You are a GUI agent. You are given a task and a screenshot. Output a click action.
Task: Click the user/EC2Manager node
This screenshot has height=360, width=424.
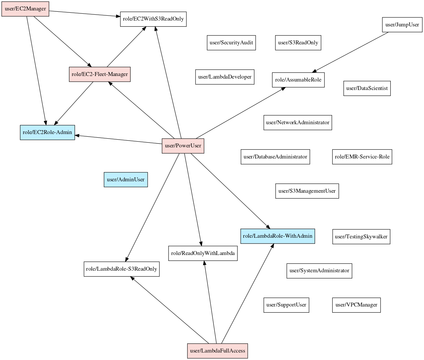[x=25, y=9]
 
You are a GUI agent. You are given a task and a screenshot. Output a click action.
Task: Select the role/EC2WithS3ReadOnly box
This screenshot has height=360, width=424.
[x=153, y=19]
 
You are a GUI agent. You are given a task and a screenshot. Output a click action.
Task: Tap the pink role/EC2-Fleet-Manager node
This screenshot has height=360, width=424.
[x=99, y=74]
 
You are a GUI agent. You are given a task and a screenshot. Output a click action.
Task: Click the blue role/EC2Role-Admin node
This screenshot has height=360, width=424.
[x=47, y=132]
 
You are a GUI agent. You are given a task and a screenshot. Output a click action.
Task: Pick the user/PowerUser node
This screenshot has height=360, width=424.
[x=183, y=146]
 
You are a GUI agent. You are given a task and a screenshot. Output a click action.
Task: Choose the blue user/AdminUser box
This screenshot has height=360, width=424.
[x=126, y=180]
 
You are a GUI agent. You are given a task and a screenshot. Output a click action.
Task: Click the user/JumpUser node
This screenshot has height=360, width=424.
[x=402, y=25]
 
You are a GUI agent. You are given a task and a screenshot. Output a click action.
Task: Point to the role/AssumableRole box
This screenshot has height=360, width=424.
[x=298, y=80]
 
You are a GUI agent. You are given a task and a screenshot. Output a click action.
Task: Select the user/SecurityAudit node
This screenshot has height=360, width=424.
[x=231, y=43]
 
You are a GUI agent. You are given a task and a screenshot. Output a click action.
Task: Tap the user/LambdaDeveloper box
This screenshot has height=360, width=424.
[x=225, y=77]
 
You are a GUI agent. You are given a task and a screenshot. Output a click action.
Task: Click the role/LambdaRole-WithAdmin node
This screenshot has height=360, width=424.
[x=277, y=236]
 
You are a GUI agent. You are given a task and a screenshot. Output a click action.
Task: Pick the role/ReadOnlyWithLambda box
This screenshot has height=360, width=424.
[x=203, y=253]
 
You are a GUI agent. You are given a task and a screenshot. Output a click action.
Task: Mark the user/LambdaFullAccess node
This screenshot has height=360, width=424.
[x=217, y=351]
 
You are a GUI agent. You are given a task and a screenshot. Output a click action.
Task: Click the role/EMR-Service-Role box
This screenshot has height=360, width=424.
[x=362, y=157]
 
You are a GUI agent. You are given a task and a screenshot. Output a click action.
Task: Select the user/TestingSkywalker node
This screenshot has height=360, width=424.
[x=361, y=237]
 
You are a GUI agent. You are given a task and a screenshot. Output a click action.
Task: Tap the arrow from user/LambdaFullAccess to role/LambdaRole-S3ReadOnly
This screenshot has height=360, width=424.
[x=170, y=310]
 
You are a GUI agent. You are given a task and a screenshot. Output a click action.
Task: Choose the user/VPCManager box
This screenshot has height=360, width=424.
[x=356, y=305]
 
